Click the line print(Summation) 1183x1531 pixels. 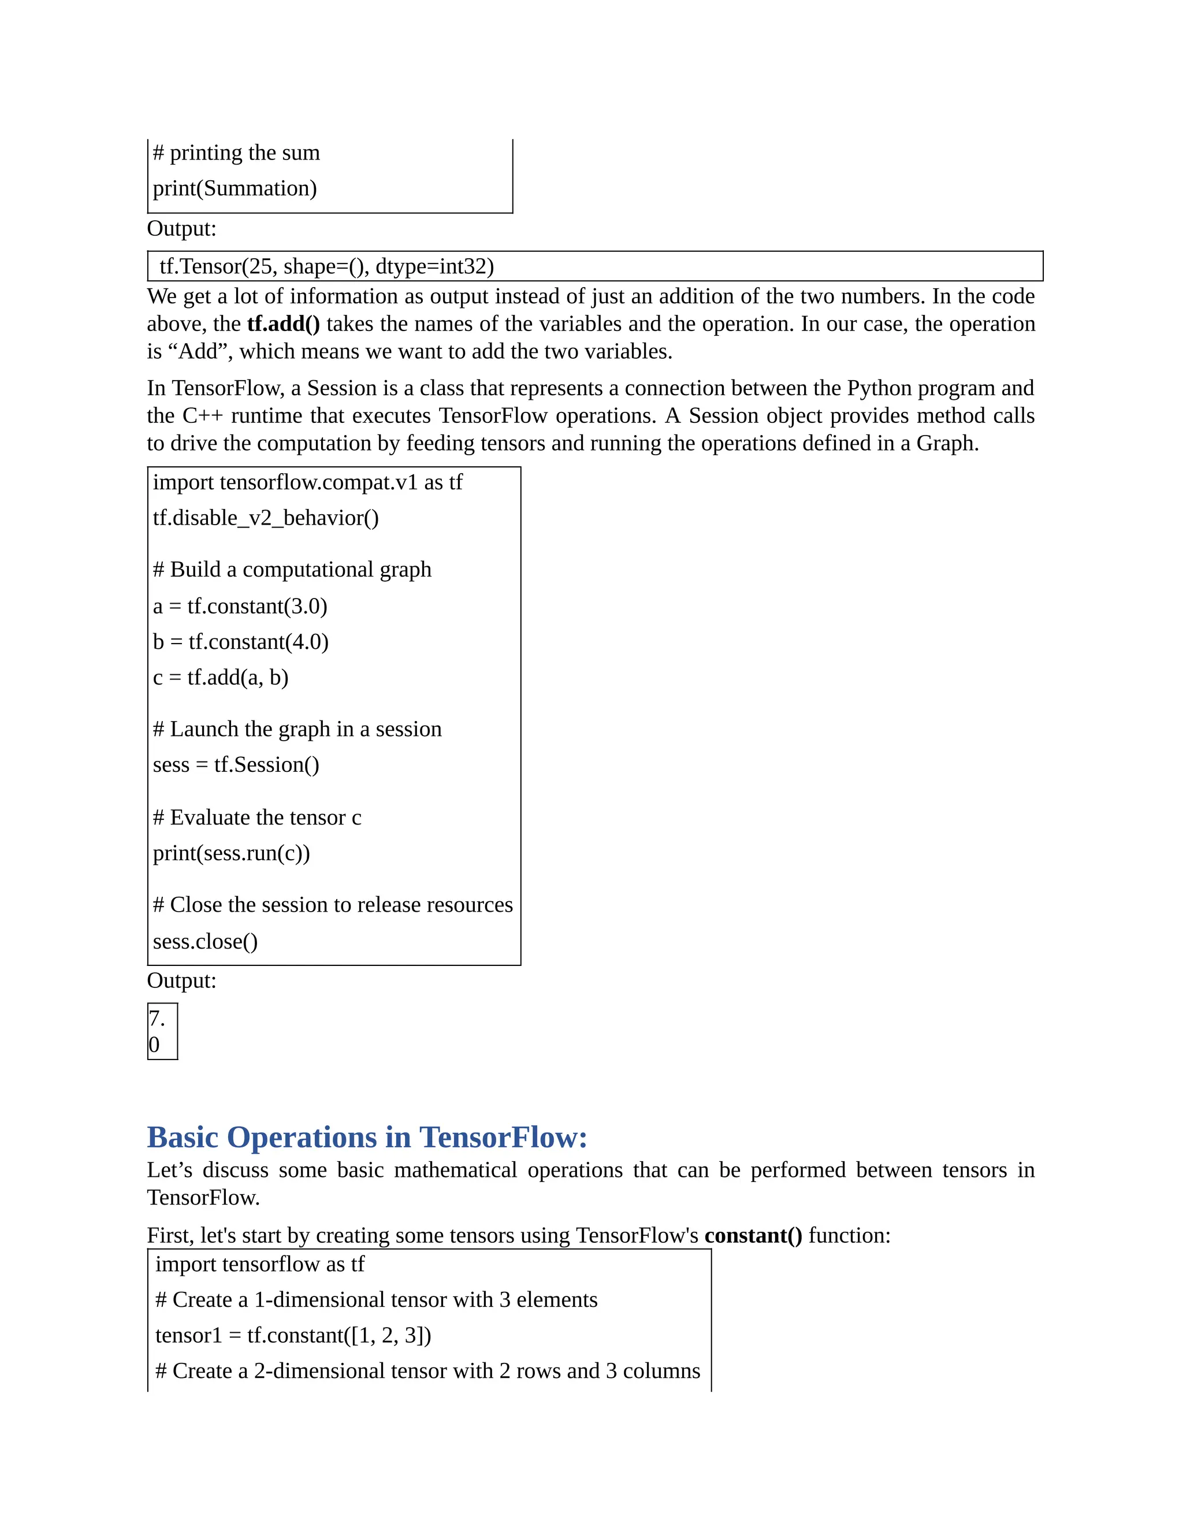(x=235, y=188)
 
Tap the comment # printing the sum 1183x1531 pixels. (x=236, y=153)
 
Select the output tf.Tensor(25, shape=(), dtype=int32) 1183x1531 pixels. (x=326, y=266)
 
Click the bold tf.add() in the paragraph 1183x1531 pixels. (x=283, y=324)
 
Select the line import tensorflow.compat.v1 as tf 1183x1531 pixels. (x=308, y=482)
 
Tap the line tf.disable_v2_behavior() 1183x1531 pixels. (x=266, y=518)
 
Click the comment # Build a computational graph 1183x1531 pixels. (x=292, y=569)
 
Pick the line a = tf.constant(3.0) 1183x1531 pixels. (x=240, y=607)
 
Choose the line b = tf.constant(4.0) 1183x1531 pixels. (x=240, y=642)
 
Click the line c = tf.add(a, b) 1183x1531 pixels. (x=221, y=677)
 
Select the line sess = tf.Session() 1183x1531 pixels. (x=236, y=765)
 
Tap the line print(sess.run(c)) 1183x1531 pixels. (x=231, y=853)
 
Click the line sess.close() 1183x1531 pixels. (x=205, y=942)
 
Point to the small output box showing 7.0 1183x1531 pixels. (x=162, y=1031)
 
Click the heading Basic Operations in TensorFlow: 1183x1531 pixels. (x=367, y=1137)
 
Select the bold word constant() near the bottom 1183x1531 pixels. (x=753, y=1235)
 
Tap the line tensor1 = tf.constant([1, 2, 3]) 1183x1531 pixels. (x=293, y=1335)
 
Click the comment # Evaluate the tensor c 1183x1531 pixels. (x=257, y=817)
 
